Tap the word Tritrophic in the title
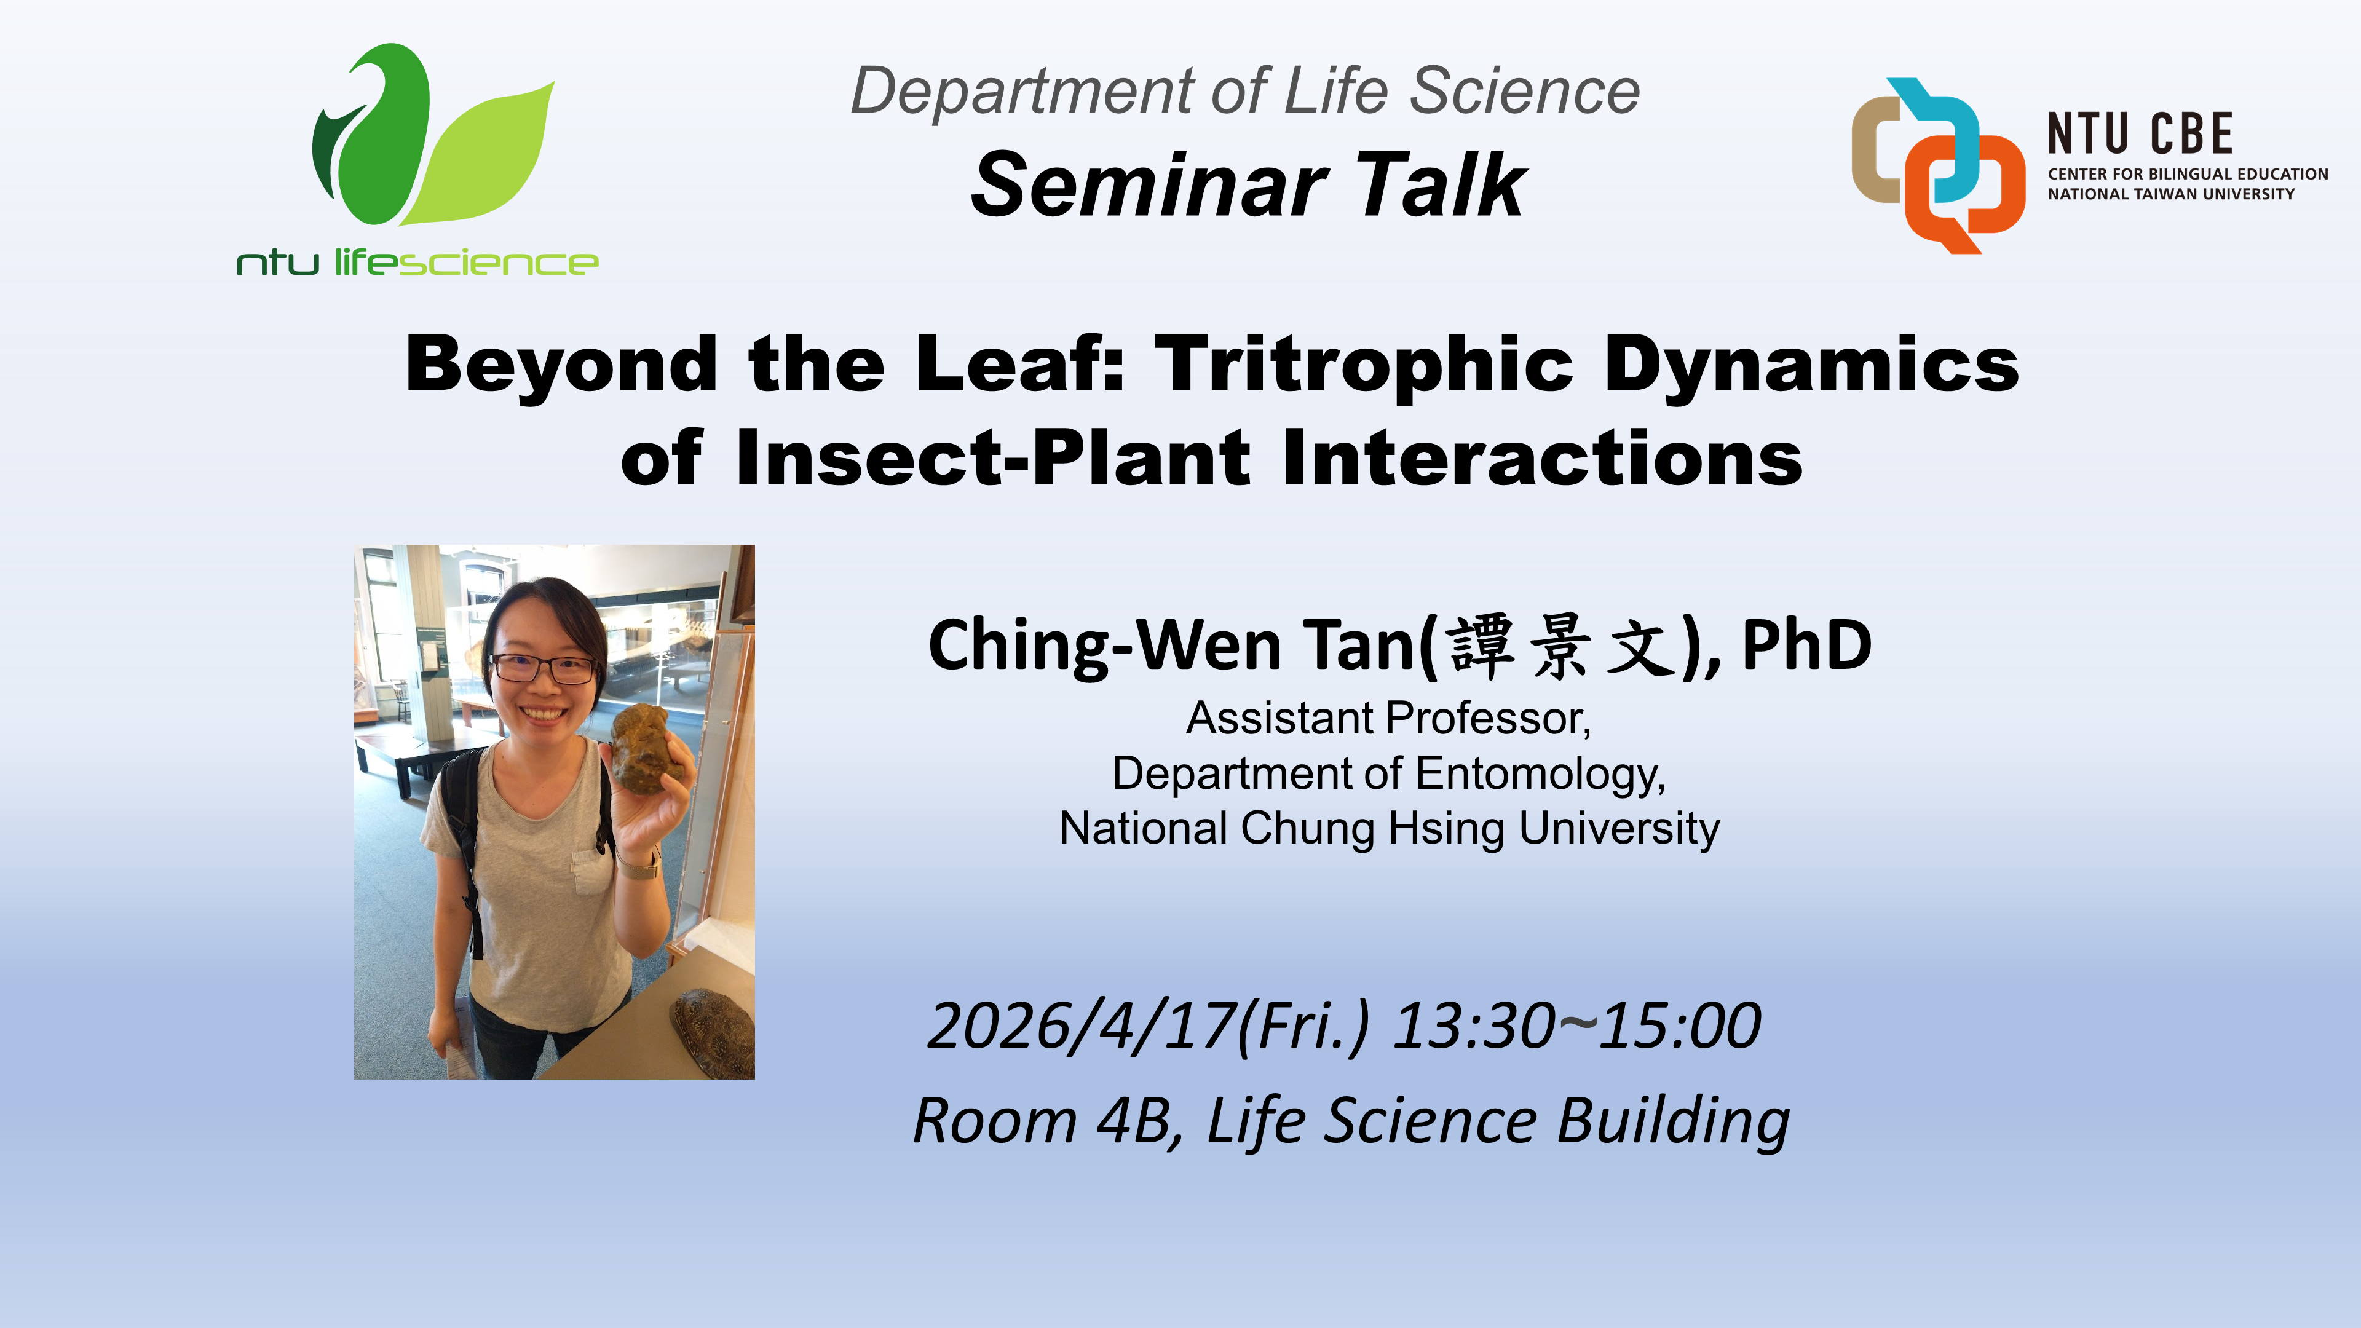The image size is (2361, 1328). (x=1364, y=364)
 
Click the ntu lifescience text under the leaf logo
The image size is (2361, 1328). (x=417, y=263)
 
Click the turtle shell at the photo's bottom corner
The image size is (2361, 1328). (x=716, y=1031)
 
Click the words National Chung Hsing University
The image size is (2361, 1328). (x=1388, y=829)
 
